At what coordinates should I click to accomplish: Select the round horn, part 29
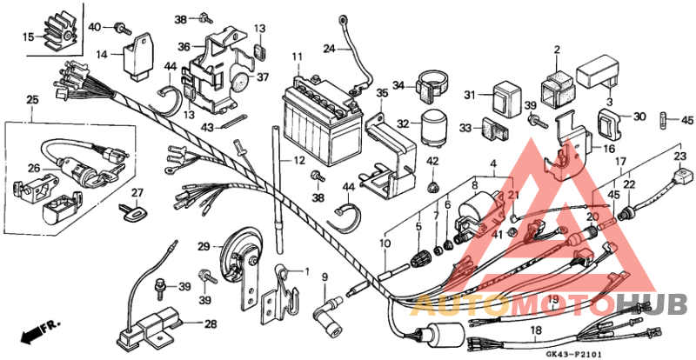(232, 257)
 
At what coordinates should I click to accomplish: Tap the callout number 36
(184, 47)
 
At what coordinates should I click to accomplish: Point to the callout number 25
(32, 102)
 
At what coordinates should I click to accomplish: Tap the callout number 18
(536, 330)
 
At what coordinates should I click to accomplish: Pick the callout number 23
(679, 157)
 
